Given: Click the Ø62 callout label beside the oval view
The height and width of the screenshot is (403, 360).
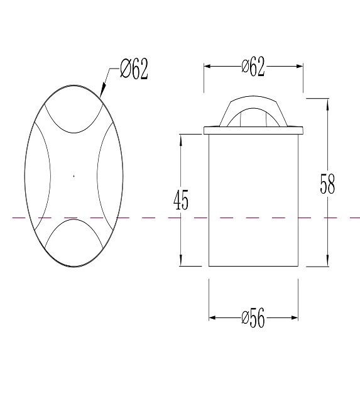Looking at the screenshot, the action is point(134,69).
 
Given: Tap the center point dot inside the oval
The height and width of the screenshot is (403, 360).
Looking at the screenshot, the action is point(74,176).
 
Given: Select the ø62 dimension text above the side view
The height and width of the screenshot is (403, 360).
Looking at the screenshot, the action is point(253,67).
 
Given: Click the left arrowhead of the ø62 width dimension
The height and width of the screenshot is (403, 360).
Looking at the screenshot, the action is point(207,66).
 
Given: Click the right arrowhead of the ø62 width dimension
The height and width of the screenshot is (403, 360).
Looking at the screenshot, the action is point(300,66).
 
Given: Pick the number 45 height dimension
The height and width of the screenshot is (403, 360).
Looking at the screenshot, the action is point(181,200).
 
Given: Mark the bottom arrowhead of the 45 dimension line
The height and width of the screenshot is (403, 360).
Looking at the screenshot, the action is point(181,260).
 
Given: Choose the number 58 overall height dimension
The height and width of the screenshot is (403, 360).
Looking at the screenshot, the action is point(327,184).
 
